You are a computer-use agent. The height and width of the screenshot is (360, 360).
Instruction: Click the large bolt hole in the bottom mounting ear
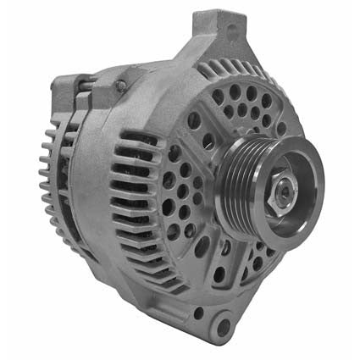[x=223, y=327]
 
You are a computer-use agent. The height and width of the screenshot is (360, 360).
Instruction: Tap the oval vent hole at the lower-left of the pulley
[x=203, y=246]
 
